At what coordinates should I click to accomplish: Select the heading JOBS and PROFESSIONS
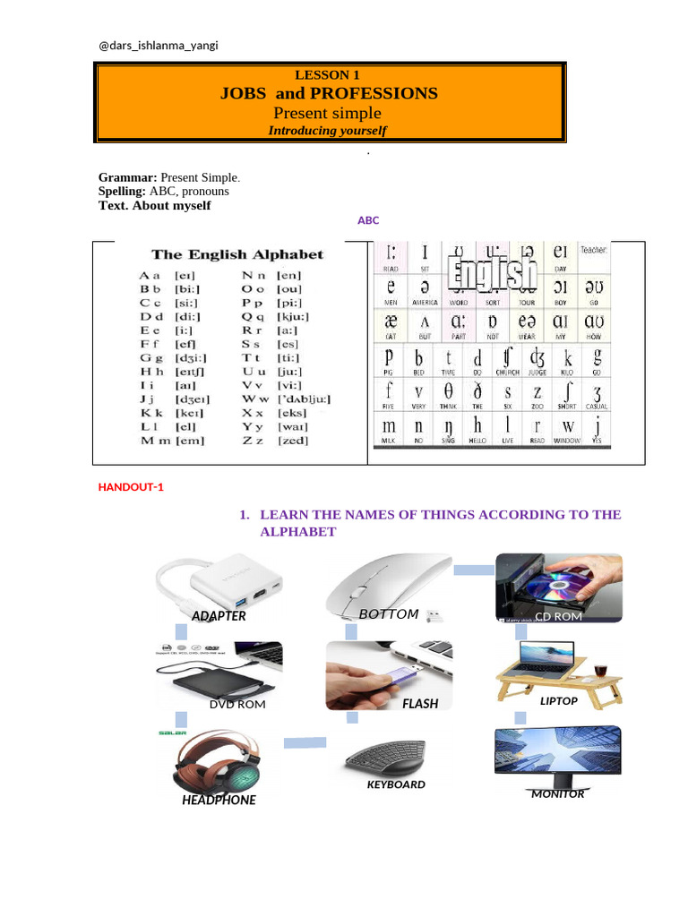point(330,93)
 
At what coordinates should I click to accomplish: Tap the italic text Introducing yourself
point(328,131)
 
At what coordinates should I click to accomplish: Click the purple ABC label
point(368,219)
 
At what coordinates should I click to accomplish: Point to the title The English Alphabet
point(237,254)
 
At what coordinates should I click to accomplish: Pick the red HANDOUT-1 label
point(131,487)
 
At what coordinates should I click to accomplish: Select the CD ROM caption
point(560,617)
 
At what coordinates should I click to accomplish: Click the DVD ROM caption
point(237,705)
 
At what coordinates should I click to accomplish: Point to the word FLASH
point(420,704)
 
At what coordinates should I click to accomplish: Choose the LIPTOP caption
point(559,701)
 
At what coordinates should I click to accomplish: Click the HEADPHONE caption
point(219,801)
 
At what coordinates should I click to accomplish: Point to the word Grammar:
point(128,178)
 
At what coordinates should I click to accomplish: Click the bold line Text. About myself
point(155,205)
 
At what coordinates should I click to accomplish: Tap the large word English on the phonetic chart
point(495,273)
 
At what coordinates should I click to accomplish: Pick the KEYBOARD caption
point(396,784)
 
